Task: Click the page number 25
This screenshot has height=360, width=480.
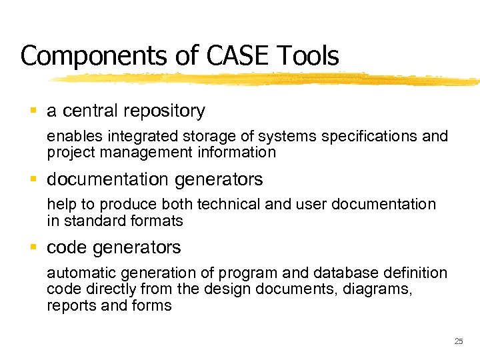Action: pyautogui.click(x=458, y=341)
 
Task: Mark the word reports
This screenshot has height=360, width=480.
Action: pyautogui.click(x=69, y=305)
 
